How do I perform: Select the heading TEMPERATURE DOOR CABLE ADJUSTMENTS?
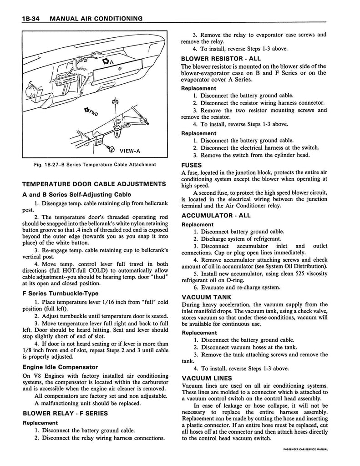[94, 184]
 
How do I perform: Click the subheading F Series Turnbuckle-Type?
[60, 293]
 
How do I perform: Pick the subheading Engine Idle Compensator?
[60, 367]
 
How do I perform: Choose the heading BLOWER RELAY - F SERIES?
[65, 413]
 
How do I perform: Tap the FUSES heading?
[192, 165]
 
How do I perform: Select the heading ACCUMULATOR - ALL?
[216, 215]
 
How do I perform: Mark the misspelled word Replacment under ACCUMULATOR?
[197, 224]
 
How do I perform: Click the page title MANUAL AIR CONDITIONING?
[97, 18]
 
